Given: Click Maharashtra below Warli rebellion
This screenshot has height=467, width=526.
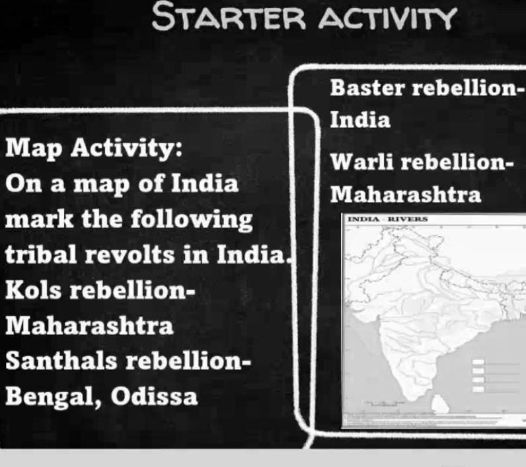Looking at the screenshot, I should click(405, 196).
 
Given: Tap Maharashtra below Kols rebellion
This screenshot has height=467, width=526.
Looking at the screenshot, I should click(89, 326).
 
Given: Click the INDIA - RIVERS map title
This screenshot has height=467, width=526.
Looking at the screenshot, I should click(388, 219).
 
